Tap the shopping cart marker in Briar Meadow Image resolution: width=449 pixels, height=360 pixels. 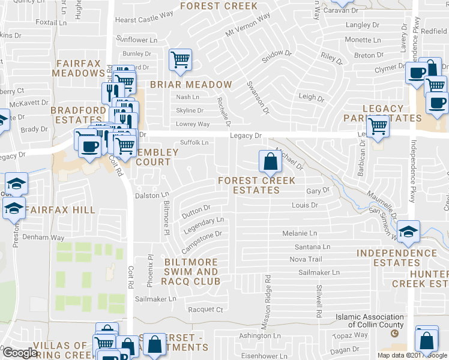click(x=179, y=59)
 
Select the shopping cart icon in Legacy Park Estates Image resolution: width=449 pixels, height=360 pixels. click(x=378, y=126)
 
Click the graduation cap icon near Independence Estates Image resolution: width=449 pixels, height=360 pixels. click(x=408, y=232)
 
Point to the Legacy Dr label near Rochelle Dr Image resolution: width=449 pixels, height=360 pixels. click(x=247, y=137)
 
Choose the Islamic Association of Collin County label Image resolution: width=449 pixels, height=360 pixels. click(x=370, y=321)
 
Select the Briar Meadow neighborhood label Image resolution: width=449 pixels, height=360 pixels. click(x=191, y=85)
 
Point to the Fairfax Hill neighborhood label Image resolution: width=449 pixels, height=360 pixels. click(x=61, y=210)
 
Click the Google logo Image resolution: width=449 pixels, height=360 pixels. click(x=20, y=352)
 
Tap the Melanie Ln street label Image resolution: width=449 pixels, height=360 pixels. click(x=300, y=233)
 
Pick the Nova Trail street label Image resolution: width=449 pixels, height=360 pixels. click(x=306, y=259)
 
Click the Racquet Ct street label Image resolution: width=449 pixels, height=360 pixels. click(x=205, y=310)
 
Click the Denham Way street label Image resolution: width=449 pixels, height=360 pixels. click(x=43, y=237)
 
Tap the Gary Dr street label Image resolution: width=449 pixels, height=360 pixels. click(x=318, y=190)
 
